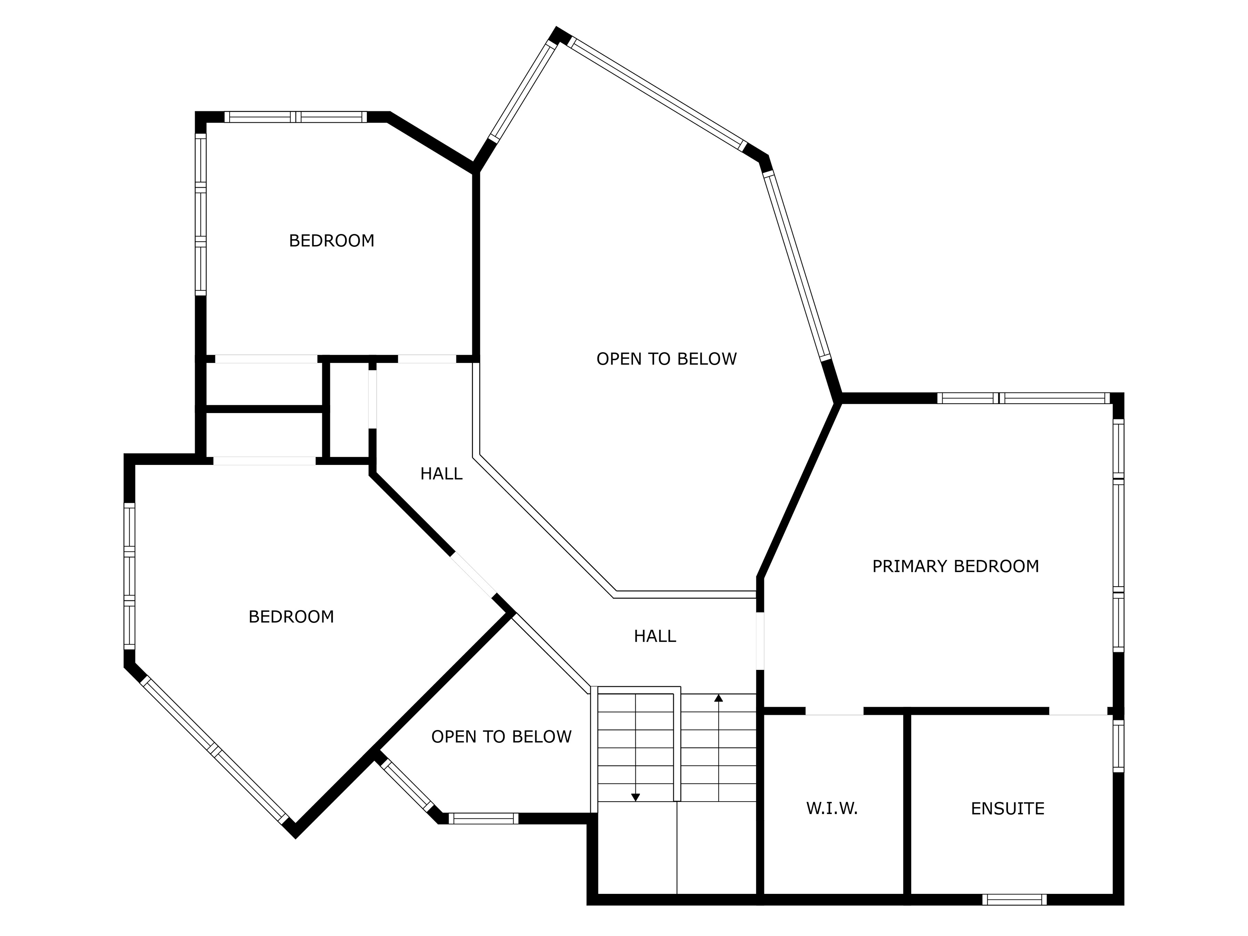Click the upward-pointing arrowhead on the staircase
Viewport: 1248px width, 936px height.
click(718, 698)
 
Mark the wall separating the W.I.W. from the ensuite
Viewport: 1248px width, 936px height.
click(907, 805)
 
